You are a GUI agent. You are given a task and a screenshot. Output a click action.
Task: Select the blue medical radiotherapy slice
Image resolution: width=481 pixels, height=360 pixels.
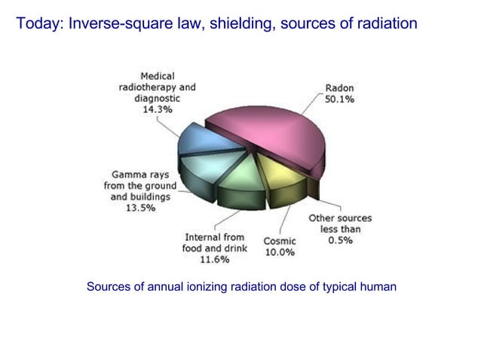[198, 139]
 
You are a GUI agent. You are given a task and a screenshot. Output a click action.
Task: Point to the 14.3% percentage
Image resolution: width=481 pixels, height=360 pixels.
[157, 109]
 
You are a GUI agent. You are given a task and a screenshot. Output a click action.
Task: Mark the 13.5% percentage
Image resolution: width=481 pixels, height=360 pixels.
[139, 208]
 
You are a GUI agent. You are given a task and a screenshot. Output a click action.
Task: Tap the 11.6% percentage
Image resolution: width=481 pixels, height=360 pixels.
[214, 260]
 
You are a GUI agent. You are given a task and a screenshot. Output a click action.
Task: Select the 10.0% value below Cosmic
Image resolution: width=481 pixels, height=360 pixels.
[279, 252]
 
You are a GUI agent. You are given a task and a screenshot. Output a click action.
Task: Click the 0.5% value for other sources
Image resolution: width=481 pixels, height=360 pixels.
[339, 240]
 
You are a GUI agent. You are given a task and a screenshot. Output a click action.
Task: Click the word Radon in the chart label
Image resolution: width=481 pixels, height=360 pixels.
[339, 87]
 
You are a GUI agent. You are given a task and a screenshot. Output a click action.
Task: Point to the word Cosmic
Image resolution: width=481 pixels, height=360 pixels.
[279, 241]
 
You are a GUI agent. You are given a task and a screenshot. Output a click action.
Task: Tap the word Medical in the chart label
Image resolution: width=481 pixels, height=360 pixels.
[157, 76]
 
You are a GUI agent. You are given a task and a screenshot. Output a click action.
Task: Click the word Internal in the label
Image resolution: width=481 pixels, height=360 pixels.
[204, 237]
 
